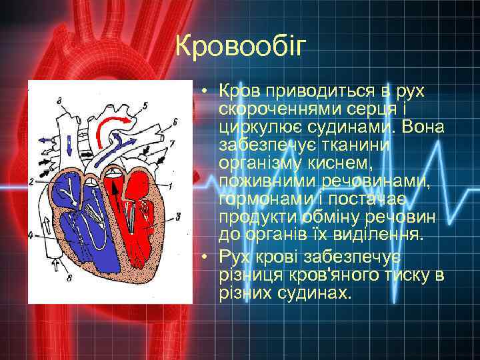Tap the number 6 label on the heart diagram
pos(174,121)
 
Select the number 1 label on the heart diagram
pos(171,185)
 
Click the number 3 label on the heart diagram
pos(177,215)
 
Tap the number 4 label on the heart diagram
pos(31,235)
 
